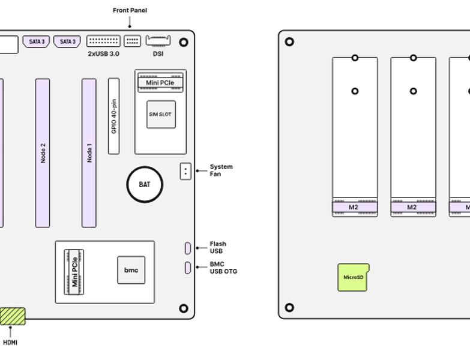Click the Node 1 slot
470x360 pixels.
[x=89, y=153]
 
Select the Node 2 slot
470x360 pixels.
[x=43, y=153]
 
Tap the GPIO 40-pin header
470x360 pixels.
[x=113, y=116]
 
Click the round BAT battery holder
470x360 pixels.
[x=145, y=184]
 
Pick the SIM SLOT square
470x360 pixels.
[x=161, y=114]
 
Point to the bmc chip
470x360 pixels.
[x=131, y=270]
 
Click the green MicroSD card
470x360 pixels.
[x=353, y=277]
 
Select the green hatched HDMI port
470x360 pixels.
[x=13, y=316]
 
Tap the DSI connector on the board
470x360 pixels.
[x=158, y=41]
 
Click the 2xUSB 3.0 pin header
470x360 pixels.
[x=103, y=41]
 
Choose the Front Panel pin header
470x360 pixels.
[x=132, y=41]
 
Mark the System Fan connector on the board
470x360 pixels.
[x=185, y=171]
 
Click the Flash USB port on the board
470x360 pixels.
[x=187, y=248]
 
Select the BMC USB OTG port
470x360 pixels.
[x=187, y=268]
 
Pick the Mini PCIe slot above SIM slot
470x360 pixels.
[x=160, y=82]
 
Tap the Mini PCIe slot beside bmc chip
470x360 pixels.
[x=74, y=272]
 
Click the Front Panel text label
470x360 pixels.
[x=130, y=10]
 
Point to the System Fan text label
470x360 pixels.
[x=221, y=170]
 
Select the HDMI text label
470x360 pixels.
[x=10, y=343]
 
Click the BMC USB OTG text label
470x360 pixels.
[x=223, y=268]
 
